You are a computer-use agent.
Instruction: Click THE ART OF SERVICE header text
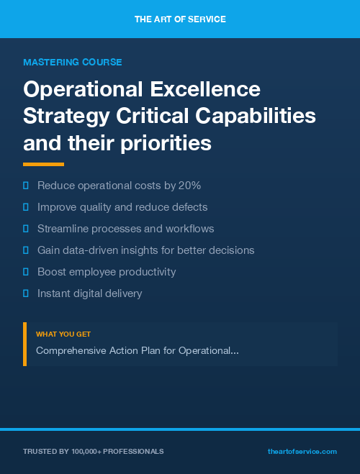pos(180,19)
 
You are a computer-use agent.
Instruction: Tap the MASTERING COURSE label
pos(73,63)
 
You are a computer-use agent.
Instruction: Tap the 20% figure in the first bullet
pos(191,186)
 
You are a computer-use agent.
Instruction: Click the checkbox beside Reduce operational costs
pos(26,186)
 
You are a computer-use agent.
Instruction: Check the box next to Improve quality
pos(26,207)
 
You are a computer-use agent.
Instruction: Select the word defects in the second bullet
pos(189,207)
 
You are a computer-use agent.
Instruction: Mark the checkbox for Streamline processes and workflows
pos(26,229)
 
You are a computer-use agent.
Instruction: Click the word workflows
pos(189,229)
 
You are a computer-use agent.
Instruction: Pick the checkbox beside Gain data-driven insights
pos(26,250)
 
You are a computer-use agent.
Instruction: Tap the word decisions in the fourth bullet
pos(230,250)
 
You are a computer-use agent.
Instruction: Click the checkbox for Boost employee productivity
pos(26,272)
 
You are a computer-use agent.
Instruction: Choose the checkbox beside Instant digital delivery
pos(26,293)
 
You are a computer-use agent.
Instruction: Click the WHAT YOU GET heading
pos(63,334)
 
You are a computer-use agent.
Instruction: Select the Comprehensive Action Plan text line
pos(138,350)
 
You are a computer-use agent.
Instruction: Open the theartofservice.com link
pos(302,452)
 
